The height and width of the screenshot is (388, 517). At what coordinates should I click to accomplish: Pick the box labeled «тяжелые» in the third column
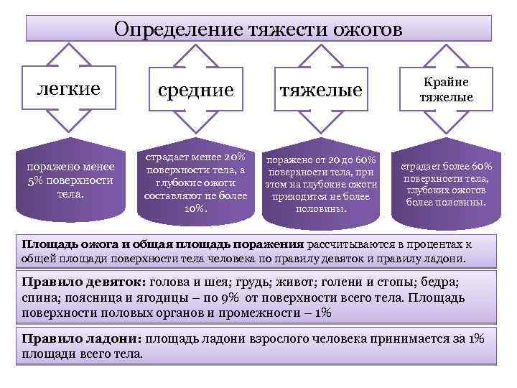(321, 89)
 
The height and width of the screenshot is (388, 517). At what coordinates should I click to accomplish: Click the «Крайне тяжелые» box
(446, 89)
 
